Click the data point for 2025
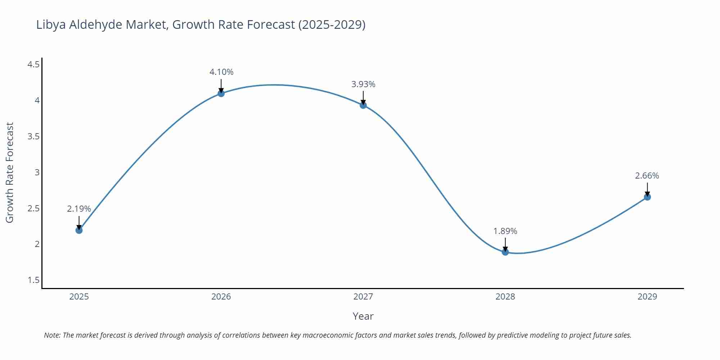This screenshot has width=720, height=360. pos(79,230)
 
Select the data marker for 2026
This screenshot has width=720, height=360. pos(221,94)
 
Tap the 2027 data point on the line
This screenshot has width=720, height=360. pos(363,105)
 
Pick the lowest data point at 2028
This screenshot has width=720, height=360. pos(505,252)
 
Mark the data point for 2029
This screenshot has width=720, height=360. pos(647,197)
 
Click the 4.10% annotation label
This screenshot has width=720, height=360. pos(221,72)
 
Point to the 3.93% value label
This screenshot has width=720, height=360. pos(363,84)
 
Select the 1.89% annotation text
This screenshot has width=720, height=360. pos(505,231)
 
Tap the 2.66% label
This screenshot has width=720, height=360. pos(647,176)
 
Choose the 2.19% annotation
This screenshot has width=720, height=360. pos(79,209)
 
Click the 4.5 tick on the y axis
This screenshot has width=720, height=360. pos(33,64)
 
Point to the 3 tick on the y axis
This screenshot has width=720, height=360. pos(37,172)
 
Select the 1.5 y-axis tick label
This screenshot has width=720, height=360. pos(33,280)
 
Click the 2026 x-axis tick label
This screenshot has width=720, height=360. pos(221,297)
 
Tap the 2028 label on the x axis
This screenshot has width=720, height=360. pos(505,297)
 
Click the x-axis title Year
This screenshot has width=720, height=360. pos(363,316)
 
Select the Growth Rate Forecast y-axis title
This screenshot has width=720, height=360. pos(10,172)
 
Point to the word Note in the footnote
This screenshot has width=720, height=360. pos(51,335)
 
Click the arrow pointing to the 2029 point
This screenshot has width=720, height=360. pos(647,189)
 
